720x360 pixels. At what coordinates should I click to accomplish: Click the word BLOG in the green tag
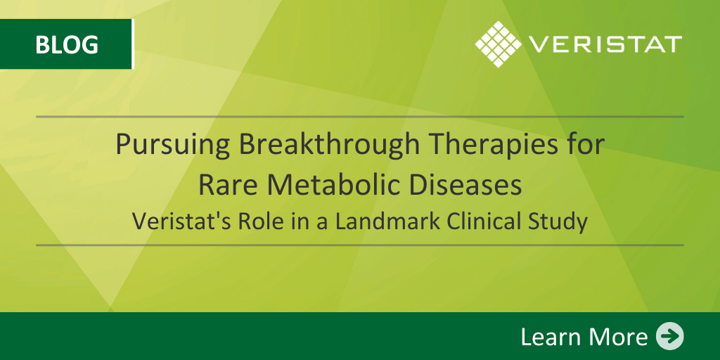click(x=67, y=44)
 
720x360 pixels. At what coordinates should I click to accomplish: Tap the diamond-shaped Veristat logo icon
click(x=499, y=44)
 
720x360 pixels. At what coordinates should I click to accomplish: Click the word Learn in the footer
click(x=548, y=337)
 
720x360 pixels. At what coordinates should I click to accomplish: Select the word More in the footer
click(x=615, y=337)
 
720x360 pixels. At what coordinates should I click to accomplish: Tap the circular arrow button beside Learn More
click(x=669, y=337)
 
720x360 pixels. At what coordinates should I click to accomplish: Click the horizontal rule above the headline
click(x=359, y=117)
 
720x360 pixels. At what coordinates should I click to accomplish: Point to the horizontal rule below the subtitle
click(x=359, y=245)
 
